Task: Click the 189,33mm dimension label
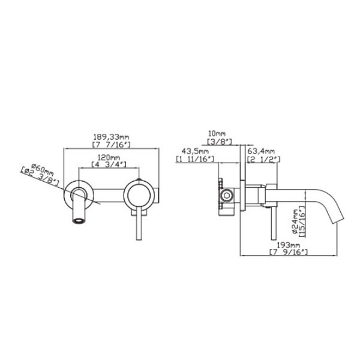click(x=111, y=137)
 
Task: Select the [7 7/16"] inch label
click(x=112, y=145)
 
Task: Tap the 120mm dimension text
click(x=109, y=157)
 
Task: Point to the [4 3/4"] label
click(x=109, y=164)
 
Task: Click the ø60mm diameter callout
click(x=42, y=169)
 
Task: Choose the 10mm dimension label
click(x=217, y=133)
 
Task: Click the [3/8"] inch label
click(x=220, y=141)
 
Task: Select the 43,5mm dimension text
click(x=195, y=151)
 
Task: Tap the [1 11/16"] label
click(x=195, y=158)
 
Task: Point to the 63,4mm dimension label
click(x=261, y=151)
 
